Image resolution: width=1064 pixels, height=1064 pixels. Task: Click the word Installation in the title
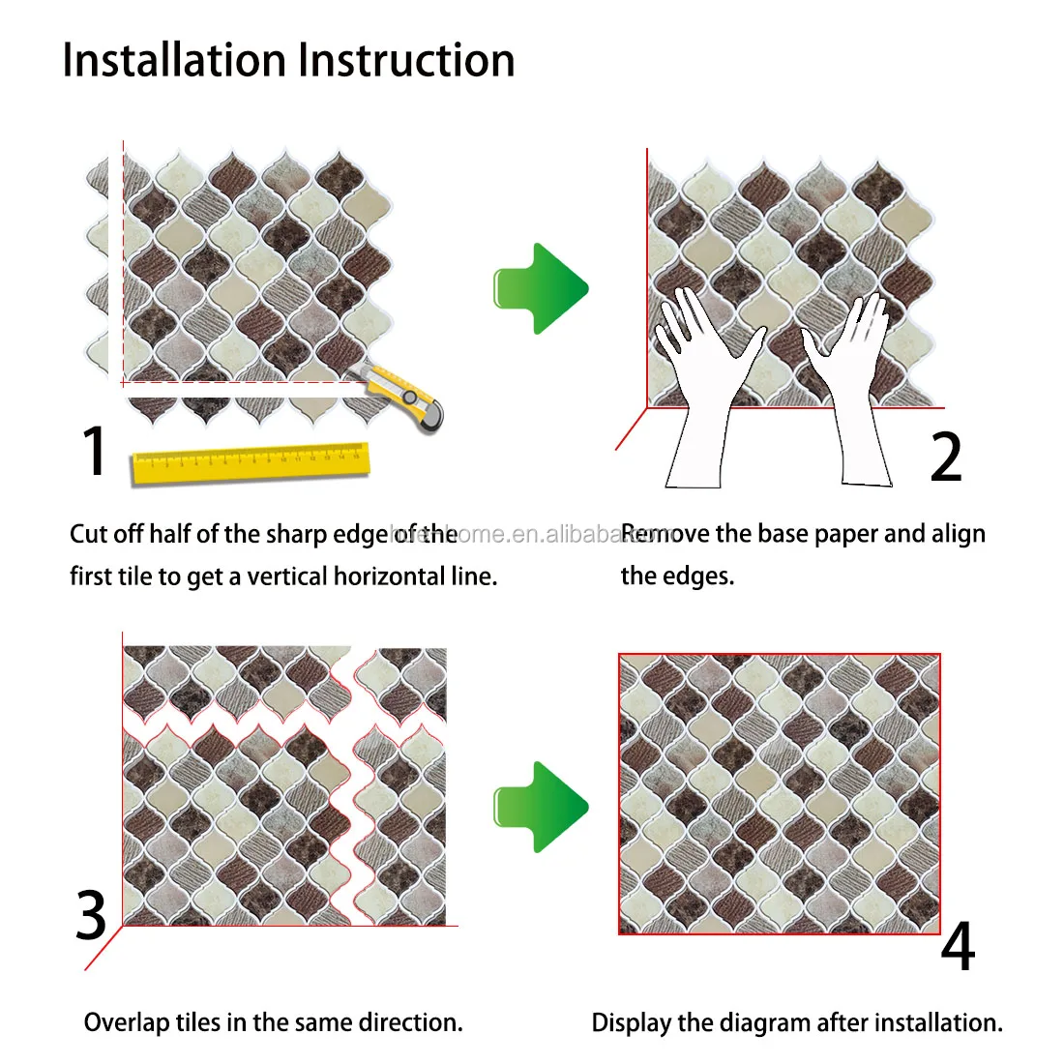pyautogui.click(x=175, y=60)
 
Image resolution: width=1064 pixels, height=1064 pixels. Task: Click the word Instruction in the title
pyautogui.click(x=406, y=60)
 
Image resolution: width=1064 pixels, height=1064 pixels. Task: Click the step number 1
pyautogui.click(x=94, y=451)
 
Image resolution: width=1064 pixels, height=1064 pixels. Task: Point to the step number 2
pyautogui.click(x=945, y=458)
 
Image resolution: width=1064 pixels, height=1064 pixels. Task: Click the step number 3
pyautogui.click(x=92, y=915)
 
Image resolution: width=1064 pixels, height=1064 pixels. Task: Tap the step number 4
pyautogui.click(x=957, y=947)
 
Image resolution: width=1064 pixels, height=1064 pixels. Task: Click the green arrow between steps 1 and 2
pyautogui.click(x=541, y=288)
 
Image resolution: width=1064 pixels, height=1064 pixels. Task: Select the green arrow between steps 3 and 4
pyautogui.click(x=541, y=807)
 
